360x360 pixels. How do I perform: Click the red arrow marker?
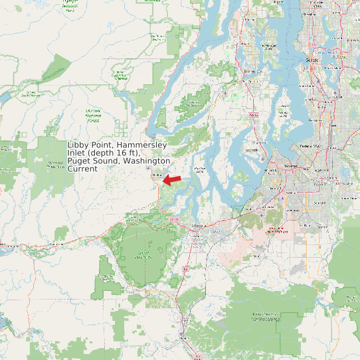172,179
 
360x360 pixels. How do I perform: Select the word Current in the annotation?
82,169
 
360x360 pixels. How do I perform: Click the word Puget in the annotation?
79,161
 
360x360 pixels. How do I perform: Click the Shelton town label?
157,175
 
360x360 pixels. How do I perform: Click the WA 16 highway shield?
252,116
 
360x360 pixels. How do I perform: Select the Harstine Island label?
198,171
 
